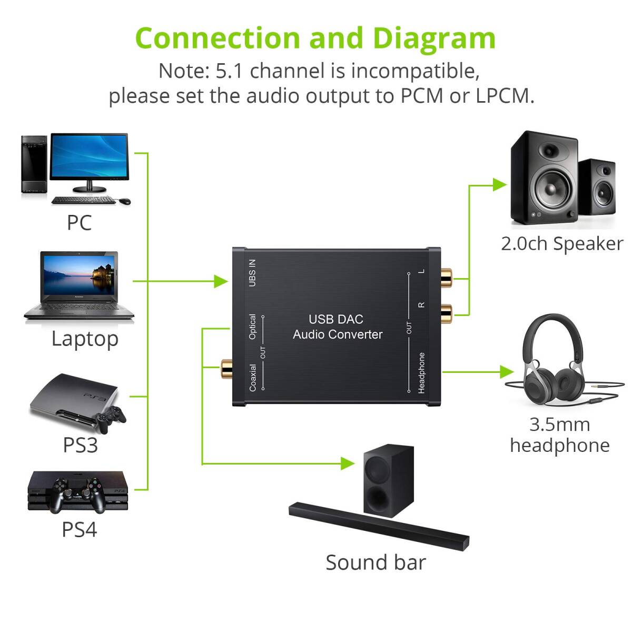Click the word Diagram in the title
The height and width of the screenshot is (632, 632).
click(x=434, y=38)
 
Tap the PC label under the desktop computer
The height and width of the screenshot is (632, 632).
click(x=79, y=223)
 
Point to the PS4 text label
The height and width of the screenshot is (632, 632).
click(x=79, y=529)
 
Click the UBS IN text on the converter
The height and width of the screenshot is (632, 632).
click(x=252, y=273)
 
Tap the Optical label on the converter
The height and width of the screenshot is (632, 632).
click(x=252, y=327)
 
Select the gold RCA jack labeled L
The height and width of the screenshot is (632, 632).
click(x=446, y=274)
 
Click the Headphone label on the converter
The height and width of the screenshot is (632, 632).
click(x=421, y=373)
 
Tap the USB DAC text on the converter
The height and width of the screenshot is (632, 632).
click(x=336, y=319)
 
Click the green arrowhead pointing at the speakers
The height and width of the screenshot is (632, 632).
click(x=499, y=185)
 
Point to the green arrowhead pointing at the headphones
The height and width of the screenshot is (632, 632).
click(x=507, y=372)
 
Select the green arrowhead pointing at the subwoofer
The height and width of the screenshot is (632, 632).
click(x=348, y=463)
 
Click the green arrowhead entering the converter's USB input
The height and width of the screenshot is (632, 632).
click(x=221, y=281)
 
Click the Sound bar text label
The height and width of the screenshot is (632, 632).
click(x=375, y=562)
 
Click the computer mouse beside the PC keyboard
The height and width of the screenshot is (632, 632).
click(x=124, y=201)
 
